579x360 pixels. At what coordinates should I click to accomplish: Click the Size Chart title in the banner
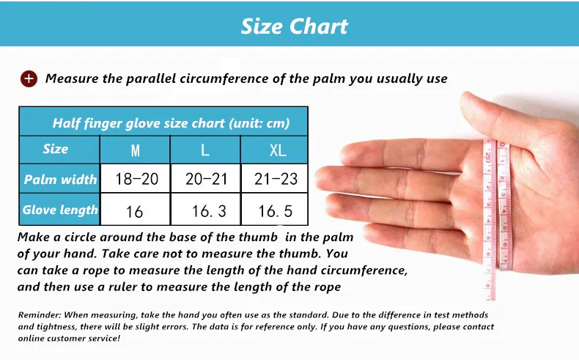294,26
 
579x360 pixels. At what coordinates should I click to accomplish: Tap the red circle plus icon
29,78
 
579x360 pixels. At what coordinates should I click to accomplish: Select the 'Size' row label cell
56,149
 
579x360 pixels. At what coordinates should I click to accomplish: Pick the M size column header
135,150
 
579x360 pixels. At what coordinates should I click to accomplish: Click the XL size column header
277,150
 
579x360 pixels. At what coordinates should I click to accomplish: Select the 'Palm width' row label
59,180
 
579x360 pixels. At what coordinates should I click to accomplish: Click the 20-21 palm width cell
206,180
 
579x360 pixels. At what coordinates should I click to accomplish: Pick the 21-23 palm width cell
277,180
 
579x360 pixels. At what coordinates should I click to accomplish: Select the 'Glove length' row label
59,210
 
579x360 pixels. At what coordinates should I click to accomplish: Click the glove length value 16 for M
134,212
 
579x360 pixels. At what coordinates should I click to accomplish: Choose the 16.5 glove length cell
276,212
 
